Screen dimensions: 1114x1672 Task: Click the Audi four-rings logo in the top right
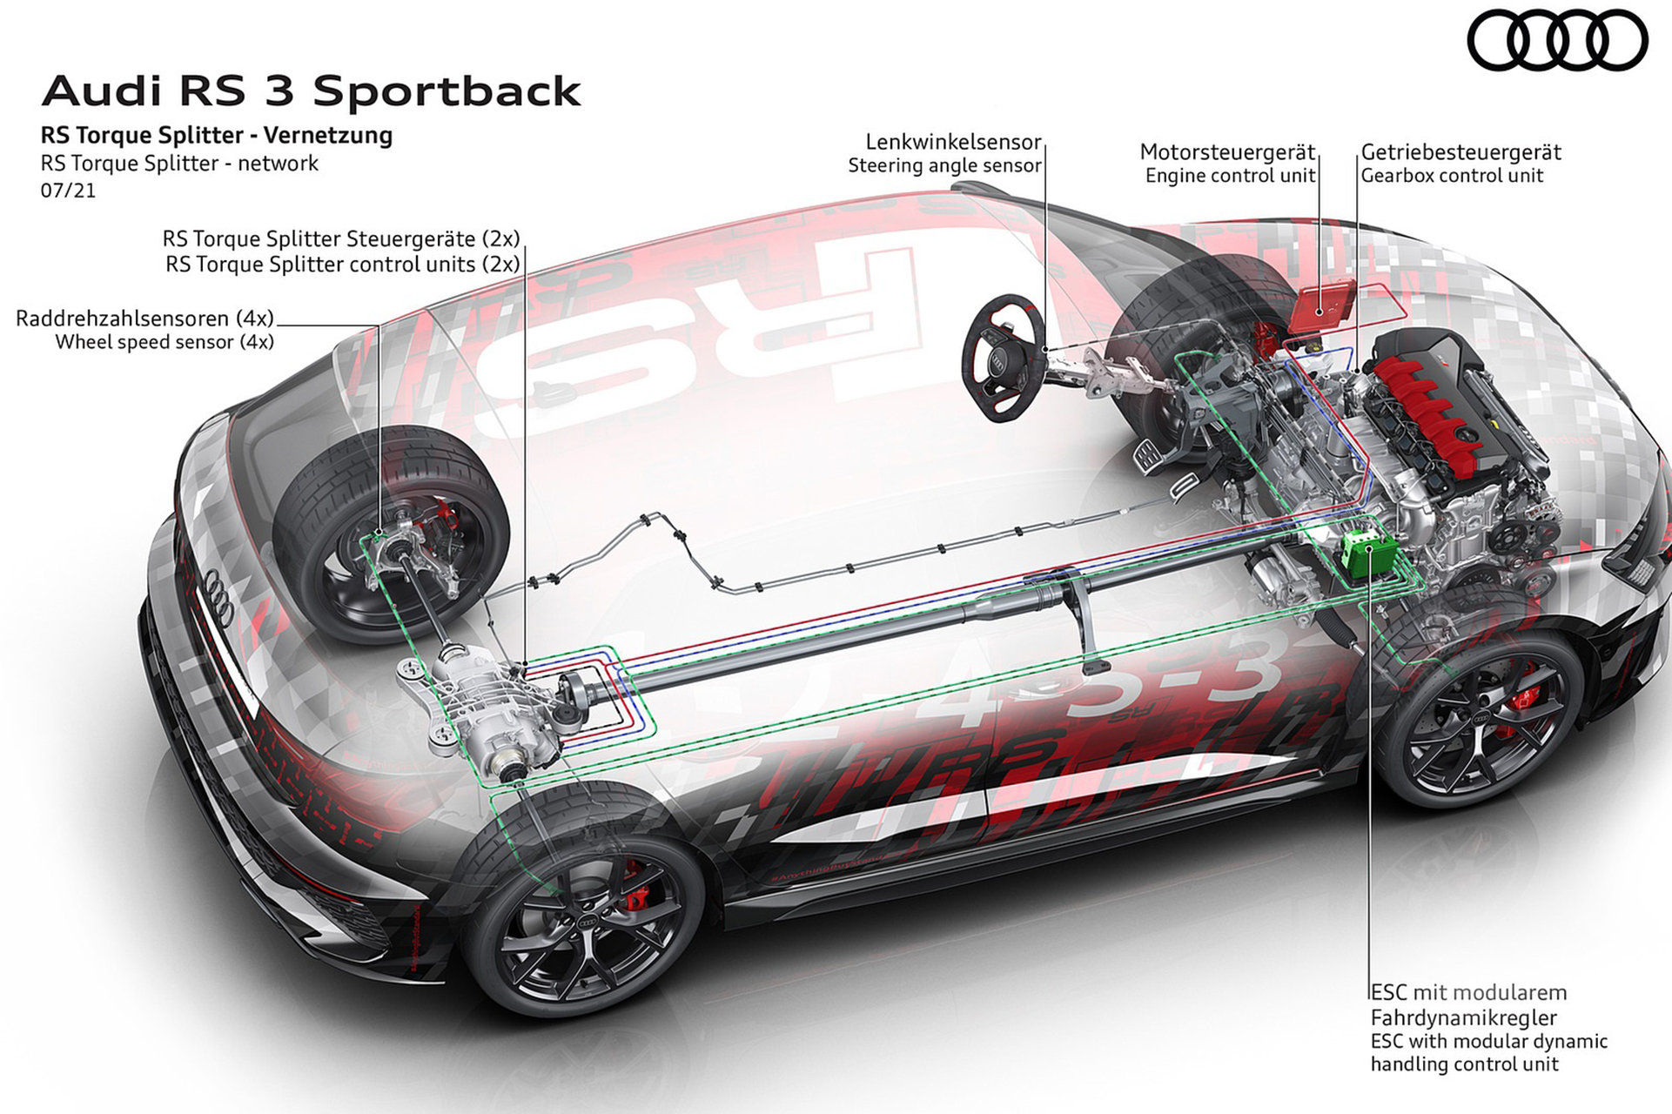tap(1557, 41)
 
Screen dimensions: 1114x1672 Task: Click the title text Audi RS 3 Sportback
tap(311, 91)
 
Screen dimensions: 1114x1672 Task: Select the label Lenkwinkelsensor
tap(953, 142)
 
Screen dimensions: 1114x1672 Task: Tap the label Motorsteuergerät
tap(1227, 152)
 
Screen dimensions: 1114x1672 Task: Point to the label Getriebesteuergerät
tap(1460, 152)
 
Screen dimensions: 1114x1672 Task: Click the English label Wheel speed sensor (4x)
tap(165, 342)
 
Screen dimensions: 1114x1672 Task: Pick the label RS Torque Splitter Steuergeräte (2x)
tap(341, 238)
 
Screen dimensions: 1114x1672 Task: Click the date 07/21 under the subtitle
tap(68, 190)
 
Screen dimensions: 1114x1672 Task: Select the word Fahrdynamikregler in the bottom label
tap(1463, 1017)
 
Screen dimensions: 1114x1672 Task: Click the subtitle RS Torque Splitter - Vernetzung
tap(216, 136)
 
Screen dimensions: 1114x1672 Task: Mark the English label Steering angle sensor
tap(944, 165)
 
